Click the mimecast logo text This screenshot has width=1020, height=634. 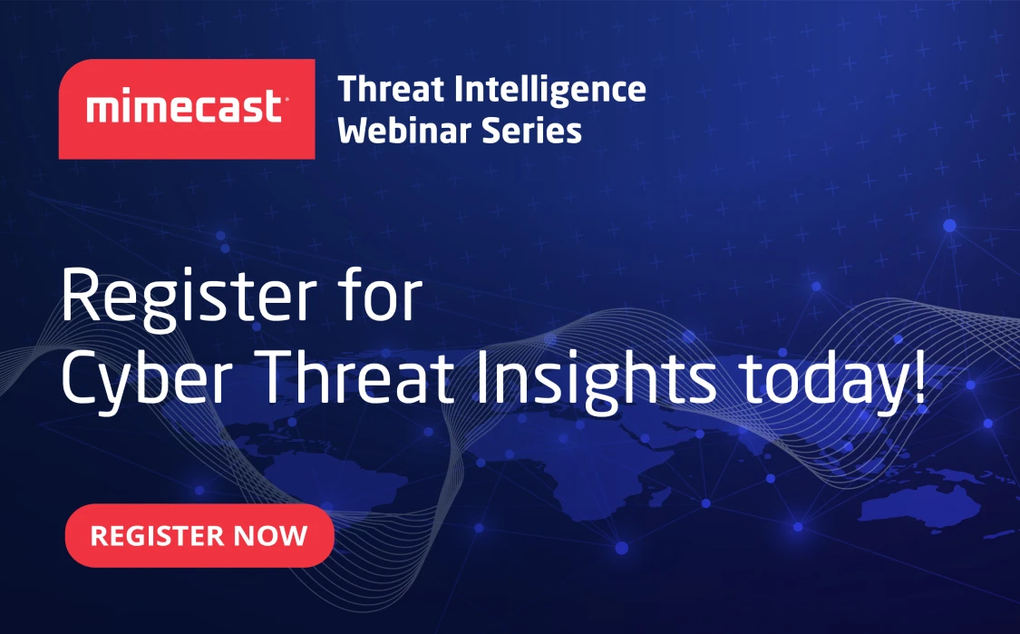click(x=188, y=109)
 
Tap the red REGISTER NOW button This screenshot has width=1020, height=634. click(x=199, y=535)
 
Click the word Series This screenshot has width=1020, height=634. click(x=536, y=131)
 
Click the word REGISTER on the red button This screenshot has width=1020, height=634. click(x=156, y=535)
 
